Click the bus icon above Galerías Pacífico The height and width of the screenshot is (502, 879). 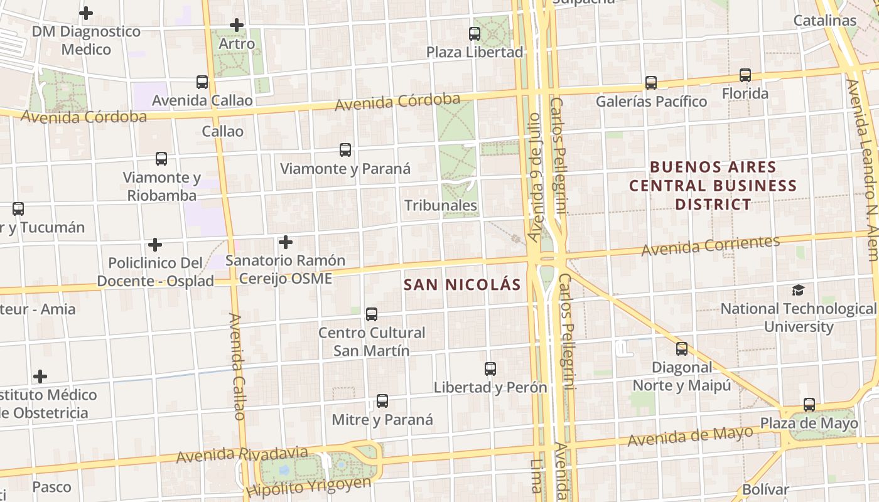point(651,82)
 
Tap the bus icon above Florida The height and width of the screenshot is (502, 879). point(745,75)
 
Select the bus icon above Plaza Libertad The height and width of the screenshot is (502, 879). point(475,34)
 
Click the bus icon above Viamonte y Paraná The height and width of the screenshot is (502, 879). point(345,150)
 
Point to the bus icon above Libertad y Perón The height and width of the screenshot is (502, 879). point(490,369)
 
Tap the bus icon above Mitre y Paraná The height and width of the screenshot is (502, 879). point(382,401)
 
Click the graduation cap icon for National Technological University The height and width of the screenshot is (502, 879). point(798,290)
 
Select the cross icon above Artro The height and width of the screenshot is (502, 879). point(237,26)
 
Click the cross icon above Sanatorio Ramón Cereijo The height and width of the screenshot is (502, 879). point(286,242)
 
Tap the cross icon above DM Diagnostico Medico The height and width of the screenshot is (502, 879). point(86,13)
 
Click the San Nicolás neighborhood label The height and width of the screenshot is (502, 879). point(462,285)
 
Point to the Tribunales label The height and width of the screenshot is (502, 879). point(441,205)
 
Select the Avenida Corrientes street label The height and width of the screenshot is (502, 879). point(710,245)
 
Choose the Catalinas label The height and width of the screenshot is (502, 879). point(825,20)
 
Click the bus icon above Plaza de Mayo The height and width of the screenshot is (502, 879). point(809,405)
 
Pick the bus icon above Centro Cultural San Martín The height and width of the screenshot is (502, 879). point(372,314)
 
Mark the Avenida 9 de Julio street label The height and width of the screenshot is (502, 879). point(534,177)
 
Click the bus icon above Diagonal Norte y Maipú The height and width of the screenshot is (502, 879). point(682,349)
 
